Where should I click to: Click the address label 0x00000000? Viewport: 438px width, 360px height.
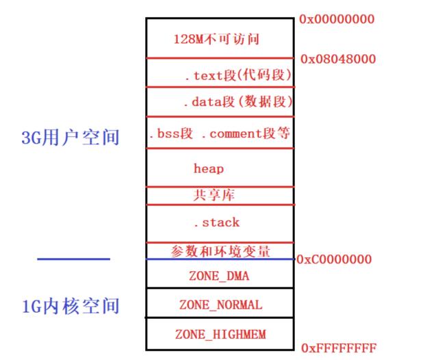(337, 19)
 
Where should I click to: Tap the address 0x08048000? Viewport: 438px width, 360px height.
(337, 59)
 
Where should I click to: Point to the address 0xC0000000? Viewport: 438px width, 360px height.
(334, 259)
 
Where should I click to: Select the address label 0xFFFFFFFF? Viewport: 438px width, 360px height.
(339, 348)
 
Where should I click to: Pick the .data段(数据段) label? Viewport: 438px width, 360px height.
(237, 103)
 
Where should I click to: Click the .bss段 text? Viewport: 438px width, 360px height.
(170, 133)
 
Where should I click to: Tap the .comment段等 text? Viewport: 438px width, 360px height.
(246, 133)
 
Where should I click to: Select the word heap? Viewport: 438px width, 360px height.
(209, 168)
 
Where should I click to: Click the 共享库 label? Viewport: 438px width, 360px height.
(214, 195)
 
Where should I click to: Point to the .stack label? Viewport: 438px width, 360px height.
(216, 222)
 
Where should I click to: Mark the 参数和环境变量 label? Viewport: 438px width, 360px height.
(220, 250)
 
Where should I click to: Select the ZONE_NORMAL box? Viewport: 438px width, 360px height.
(220, 305)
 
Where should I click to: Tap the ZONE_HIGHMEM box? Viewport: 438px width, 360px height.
(220, 334)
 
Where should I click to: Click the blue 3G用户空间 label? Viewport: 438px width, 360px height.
(70, 138)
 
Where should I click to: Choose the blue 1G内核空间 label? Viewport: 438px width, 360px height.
(70, 305)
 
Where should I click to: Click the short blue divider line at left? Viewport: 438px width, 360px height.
(73, 259)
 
